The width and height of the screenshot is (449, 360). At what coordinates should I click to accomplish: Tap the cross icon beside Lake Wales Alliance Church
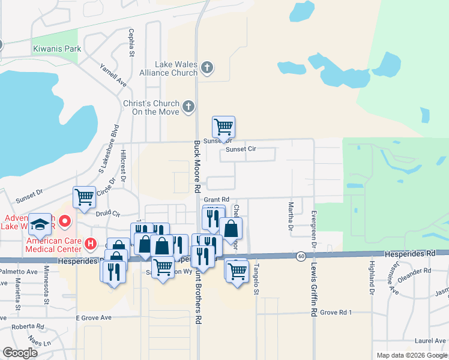tap(207, 67)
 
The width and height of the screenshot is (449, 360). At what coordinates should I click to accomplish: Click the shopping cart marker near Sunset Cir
tap(223, 127)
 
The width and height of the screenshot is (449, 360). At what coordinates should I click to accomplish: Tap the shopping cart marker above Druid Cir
tap(84, 197)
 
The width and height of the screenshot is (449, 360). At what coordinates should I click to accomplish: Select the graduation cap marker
tap(40, 224)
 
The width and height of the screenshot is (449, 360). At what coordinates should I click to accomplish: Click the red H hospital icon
tap(90, 244)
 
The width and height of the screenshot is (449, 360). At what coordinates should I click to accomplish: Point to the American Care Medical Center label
tap(53, 245)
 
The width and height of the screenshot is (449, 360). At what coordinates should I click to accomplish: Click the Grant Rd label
tap(217, 199)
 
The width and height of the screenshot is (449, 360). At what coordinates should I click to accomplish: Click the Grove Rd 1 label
tap(336, 313)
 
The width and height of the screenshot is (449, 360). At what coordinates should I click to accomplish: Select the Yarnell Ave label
tap(113, 75)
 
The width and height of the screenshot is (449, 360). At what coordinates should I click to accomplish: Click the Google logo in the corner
tap(20, 353)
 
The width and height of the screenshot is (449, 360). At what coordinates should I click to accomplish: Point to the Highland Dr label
tap(372, 277)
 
